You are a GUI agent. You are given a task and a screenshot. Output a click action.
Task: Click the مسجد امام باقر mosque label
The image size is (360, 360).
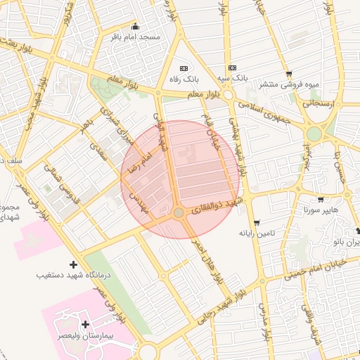(x=136, y=36)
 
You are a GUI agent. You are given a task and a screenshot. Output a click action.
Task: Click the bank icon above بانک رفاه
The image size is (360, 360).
(x=184, y=68)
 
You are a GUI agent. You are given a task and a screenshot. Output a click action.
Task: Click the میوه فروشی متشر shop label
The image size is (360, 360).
(x=289, y=84)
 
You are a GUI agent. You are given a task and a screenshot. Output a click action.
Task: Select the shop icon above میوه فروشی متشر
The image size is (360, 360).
(x=289, y=74)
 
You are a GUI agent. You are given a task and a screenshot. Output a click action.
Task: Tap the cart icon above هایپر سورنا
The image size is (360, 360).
(x=321, y=200)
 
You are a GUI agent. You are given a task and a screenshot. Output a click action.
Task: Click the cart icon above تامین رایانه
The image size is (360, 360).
(x=256, y=222)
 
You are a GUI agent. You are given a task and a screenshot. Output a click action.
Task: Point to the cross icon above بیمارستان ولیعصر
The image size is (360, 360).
(x=85, y=325)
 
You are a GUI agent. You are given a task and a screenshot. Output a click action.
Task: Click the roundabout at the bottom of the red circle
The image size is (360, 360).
(x=179, y=212)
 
